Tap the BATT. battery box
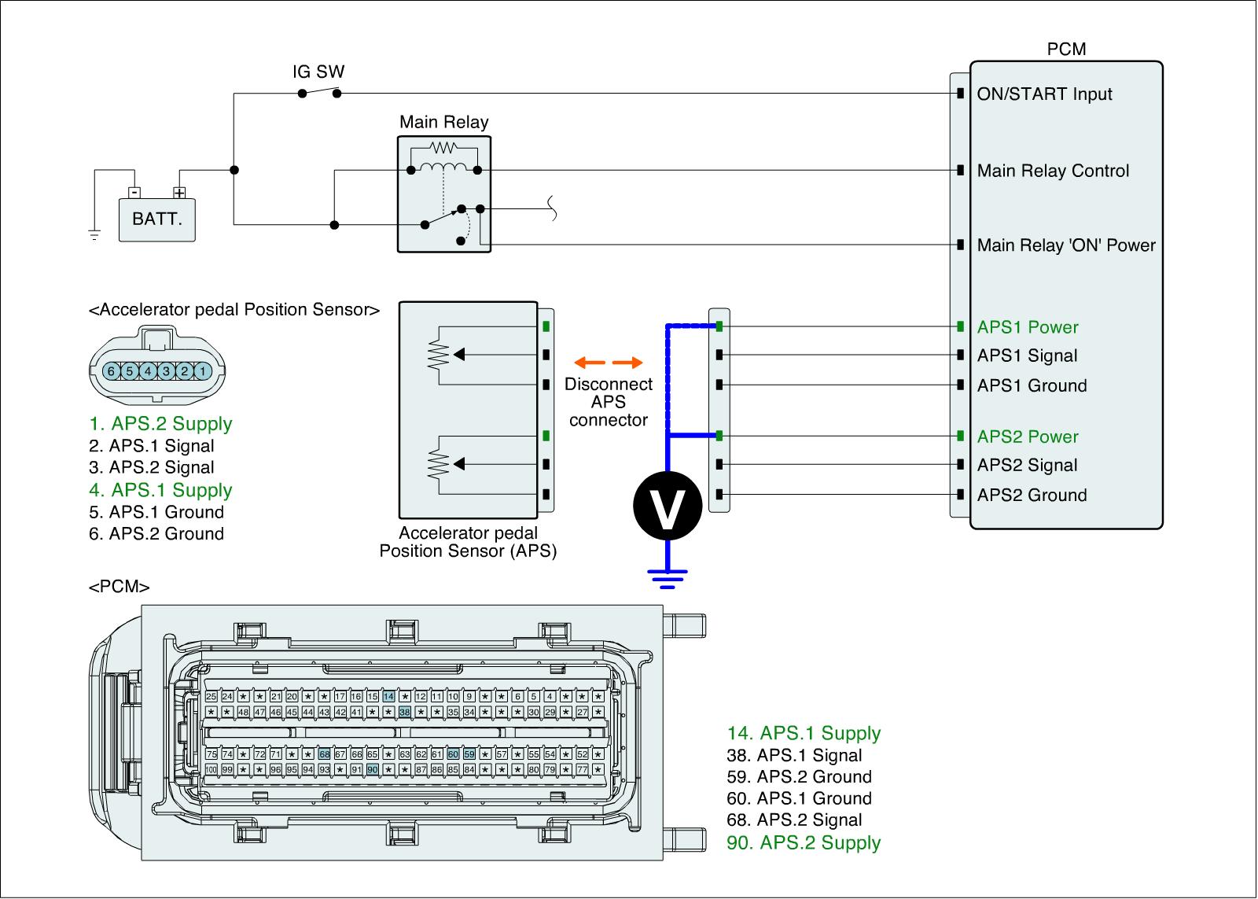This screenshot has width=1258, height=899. [x=156, y=218]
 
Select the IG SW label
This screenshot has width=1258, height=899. [x=318, y=72]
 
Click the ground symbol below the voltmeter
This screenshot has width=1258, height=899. [x=667, y=579]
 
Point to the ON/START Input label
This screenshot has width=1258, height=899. [x=1044, y=94]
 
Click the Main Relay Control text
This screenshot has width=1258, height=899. [x=1053, y=171]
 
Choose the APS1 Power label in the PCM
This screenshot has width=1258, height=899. [x=1028, y=327]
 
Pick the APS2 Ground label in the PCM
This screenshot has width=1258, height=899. [x=1032, y=495]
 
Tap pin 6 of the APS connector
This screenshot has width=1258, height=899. [x=112, y=370]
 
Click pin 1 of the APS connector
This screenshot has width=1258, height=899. [x=203, y=370]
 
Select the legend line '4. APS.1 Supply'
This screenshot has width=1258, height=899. [x=160, y=490]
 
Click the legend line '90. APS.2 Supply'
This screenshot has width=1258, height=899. [x=804, y=842]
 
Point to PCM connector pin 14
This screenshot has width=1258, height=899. [x=388, y=697]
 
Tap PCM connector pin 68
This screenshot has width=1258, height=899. [x=324, y=754]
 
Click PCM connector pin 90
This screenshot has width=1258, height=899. [x=373, y=769]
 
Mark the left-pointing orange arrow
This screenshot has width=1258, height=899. [x=587, y=363]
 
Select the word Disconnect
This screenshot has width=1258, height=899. [x=609, y=385]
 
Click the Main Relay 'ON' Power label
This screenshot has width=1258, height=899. [x=1065, y=245]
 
